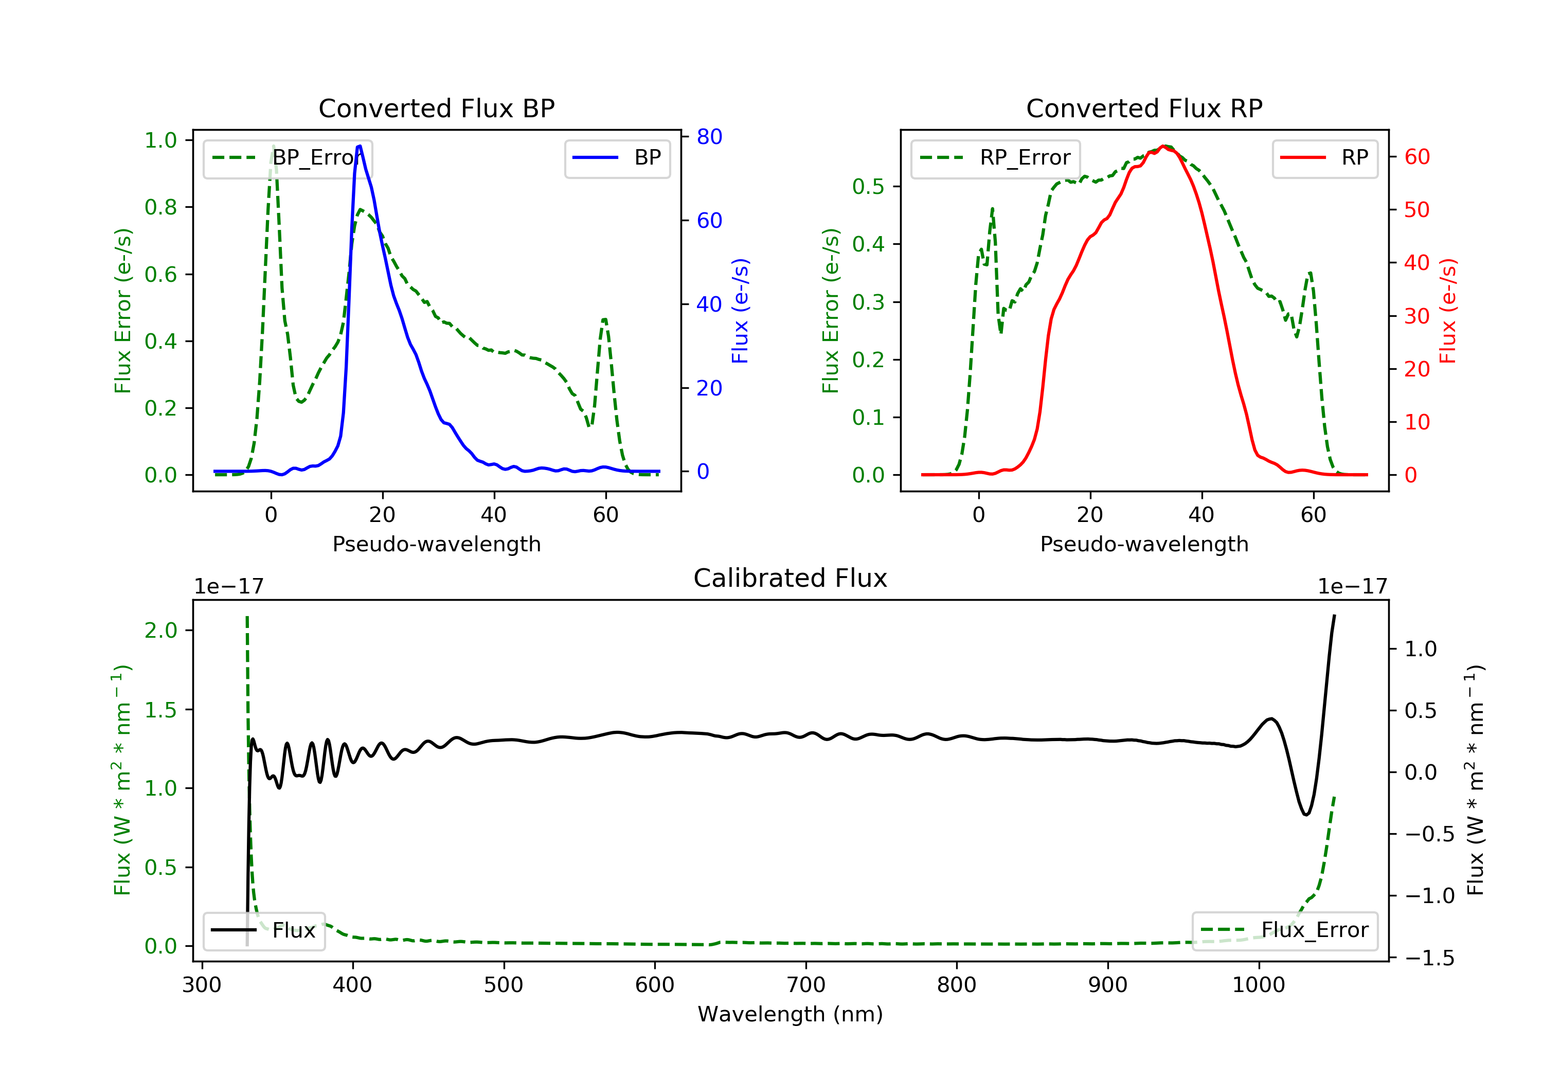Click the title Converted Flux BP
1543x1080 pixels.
(436, 108)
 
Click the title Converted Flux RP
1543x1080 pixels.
(1144, 108)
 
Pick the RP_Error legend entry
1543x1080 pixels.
(995, 158)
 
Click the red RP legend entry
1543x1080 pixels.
(1324, 158)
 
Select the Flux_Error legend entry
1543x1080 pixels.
(1284, 930)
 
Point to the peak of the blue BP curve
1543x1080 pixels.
(360, 146)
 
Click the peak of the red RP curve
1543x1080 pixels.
(1162, 147)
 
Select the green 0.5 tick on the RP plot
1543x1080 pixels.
(868, 186)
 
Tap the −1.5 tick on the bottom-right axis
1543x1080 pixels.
(1429, 958)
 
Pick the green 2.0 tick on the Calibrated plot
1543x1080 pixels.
(160, 631)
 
